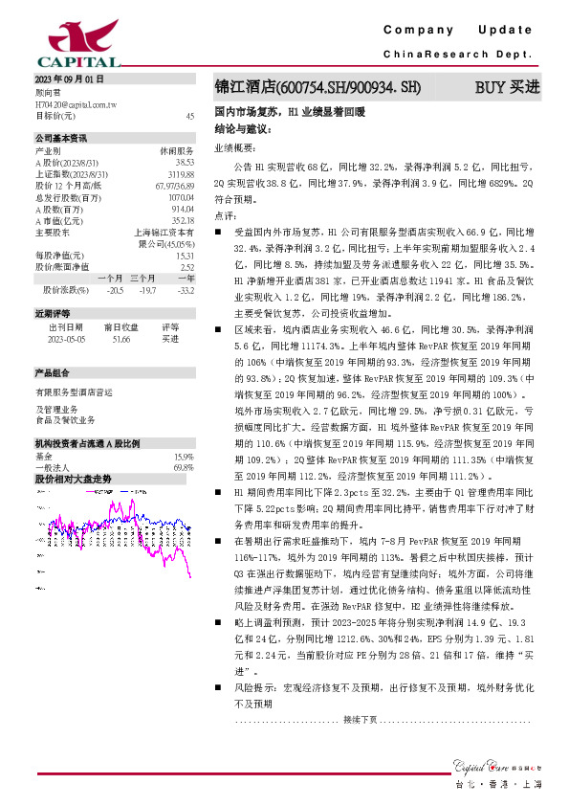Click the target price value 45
click(189, 115)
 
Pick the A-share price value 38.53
click(185, 162)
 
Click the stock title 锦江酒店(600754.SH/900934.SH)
click(317, 88)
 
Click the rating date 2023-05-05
click(66, 338)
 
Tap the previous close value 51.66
click(122, 338)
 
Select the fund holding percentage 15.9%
click(184, 429)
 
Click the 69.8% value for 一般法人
click(184, 440)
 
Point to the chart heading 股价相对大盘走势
click(73, 452)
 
